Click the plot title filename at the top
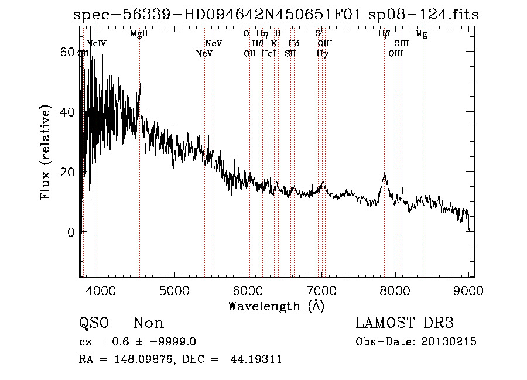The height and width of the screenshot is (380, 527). point(276,15)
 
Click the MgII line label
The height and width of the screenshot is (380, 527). point(139,34)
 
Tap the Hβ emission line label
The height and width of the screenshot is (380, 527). point(384,34)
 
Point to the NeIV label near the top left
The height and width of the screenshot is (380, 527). point(96,43)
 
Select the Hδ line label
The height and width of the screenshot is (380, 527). point(294,43)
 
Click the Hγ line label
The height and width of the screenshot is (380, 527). point(322,53)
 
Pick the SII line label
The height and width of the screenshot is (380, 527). point(290,53)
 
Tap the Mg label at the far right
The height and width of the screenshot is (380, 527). point(421,34)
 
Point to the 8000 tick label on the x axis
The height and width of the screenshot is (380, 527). point(396,290)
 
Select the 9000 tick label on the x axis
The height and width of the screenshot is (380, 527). point(469,290)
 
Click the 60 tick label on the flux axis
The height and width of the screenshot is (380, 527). point(67,52)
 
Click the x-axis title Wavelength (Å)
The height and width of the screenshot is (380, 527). point(276,306)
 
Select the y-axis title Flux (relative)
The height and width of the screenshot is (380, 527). point(47,153)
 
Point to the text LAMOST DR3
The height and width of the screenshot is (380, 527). point(405,323)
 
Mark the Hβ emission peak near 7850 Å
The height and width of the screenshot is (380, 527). point(384,174)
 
